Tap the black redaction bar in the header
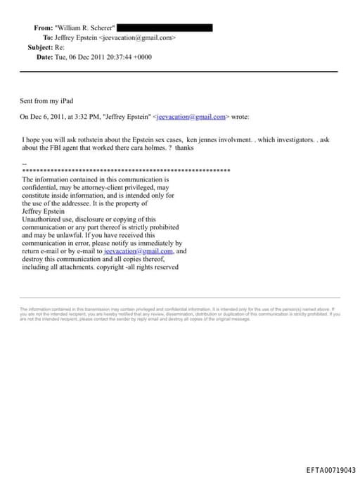click(x=165, y=27)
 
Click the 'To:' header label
click(x=48, y=37)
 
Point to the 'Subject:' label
click(x=40, y=47)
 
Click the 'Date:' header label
click(x=44, y=57)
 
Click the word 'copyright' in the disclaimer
click(x=110, y=267)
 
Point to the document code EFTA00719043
click(x=330, y=469)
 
